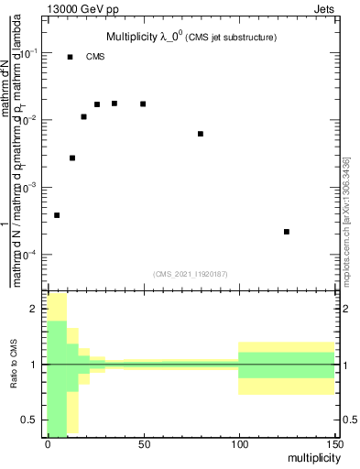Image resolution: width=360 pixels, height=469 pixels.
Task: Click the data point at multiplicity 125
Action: coord(287,232)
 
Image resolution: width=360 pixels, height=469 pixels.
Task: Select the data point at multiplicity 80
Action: coord(201,134)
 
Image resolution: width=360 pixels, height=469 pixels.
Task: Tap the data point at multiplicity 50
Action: coord(143,104)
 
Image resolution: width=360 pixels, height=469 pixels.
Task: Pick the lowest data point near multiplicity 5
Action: coord(57,215)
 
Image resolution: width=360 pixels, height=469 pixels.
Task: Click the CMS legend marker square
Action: coord(70,57)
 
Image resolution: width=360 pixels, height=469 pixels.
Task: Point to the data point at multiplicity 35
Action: coord(115,104)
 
